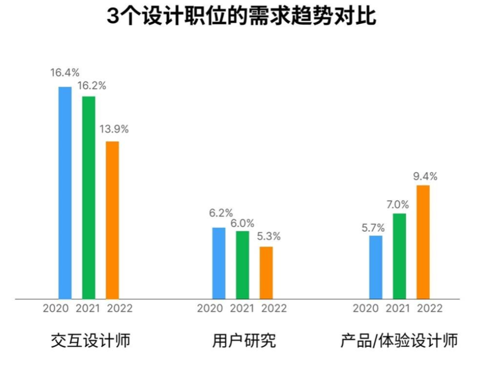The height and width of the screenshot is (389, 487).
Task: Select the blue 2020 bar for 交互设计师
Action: [65, 192]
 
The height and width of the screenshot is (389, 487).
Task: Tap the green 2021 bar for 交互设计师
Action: [88, 197]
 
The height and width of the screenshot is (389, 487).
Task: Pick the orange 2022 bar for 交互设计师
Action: [112, 220]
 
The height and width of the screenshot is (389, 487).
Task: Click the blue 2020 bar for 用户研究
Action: [219, 263]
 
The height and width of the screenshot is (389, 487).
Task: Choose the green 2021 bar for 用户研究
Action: [242, 264]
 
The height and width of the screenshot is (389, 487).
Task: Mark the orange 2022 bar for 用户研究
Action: [266, 273]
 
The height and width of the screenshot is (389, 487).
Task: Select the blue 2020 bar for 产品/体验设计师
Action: [376, 267]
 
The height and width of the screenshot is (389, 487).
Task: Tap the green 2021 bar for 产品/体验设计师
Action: [399, 256]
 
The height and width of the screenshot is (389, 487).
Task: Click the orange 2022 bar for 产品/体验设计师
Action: [423, 242]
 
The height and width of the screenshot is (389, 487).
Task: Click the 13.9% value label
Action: [114, 129]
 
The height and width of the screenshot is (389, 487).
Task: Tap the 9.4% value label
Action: [425, 176]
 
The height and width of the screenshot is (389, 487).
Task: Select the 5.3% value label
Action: [268, 237]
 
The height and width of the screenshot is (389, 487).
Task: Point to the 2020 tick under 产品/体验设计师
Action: [366, 308]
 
